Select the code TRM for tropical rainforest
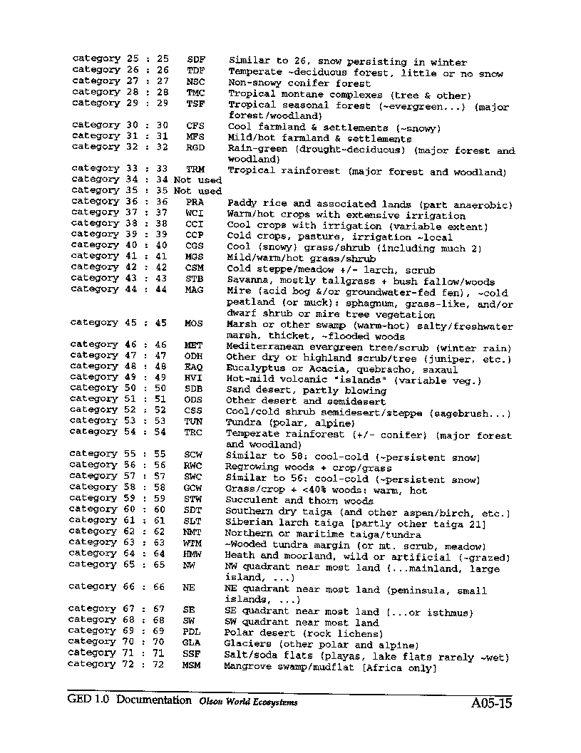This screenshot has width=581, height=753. click(x=195, y=169)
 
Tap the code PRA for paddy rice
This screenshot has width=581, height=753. click(x=195, y=202)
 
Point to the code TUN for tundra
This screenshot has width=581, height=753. click(x=193, y=421)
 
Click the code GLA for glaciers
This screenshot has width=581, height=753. click(x=192, y=642)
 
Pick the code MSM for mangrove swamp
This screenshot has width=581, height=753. click(x=192, y=664)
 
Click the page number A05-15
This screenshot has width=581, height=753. click(x=491, y=704)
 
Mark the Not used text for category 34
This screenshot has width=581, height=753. click(x=197, y=180)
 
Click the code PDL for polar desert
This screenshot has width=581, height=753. click(x=192, y=631)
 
